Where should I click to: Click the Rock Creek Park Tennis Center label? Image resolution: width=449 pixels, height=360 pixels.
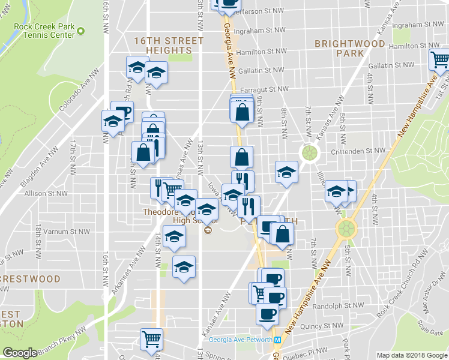coord(46,30)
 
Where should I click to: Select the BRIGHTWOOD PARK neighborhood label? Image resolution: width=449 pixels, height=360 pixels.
coord(349,49)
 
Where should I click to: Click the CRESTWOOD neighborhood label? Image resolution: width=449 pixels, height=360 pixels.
coord(30,279)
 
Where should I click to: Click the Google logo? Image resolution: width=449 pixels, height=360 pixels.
coord(20,353)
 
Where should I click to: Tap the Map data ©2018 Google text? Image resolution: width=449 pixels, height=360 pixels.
coord(411,355)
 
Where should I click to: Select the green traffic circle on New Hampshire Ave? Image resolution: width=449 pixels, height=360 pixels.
coord(346,228)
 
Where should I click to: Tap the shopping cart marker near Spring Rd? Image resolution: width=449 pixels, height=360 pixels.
coord(151,339)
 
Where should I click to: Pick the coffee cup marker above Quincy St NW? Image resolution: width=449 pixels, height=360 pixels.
coord(267,313)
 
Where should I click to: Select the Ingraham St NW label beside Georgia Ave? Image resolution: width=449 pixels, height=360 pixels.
coord(260,29)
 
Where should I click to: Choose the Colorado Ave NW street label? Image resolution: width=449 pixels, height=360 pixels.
coord(79,90)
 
